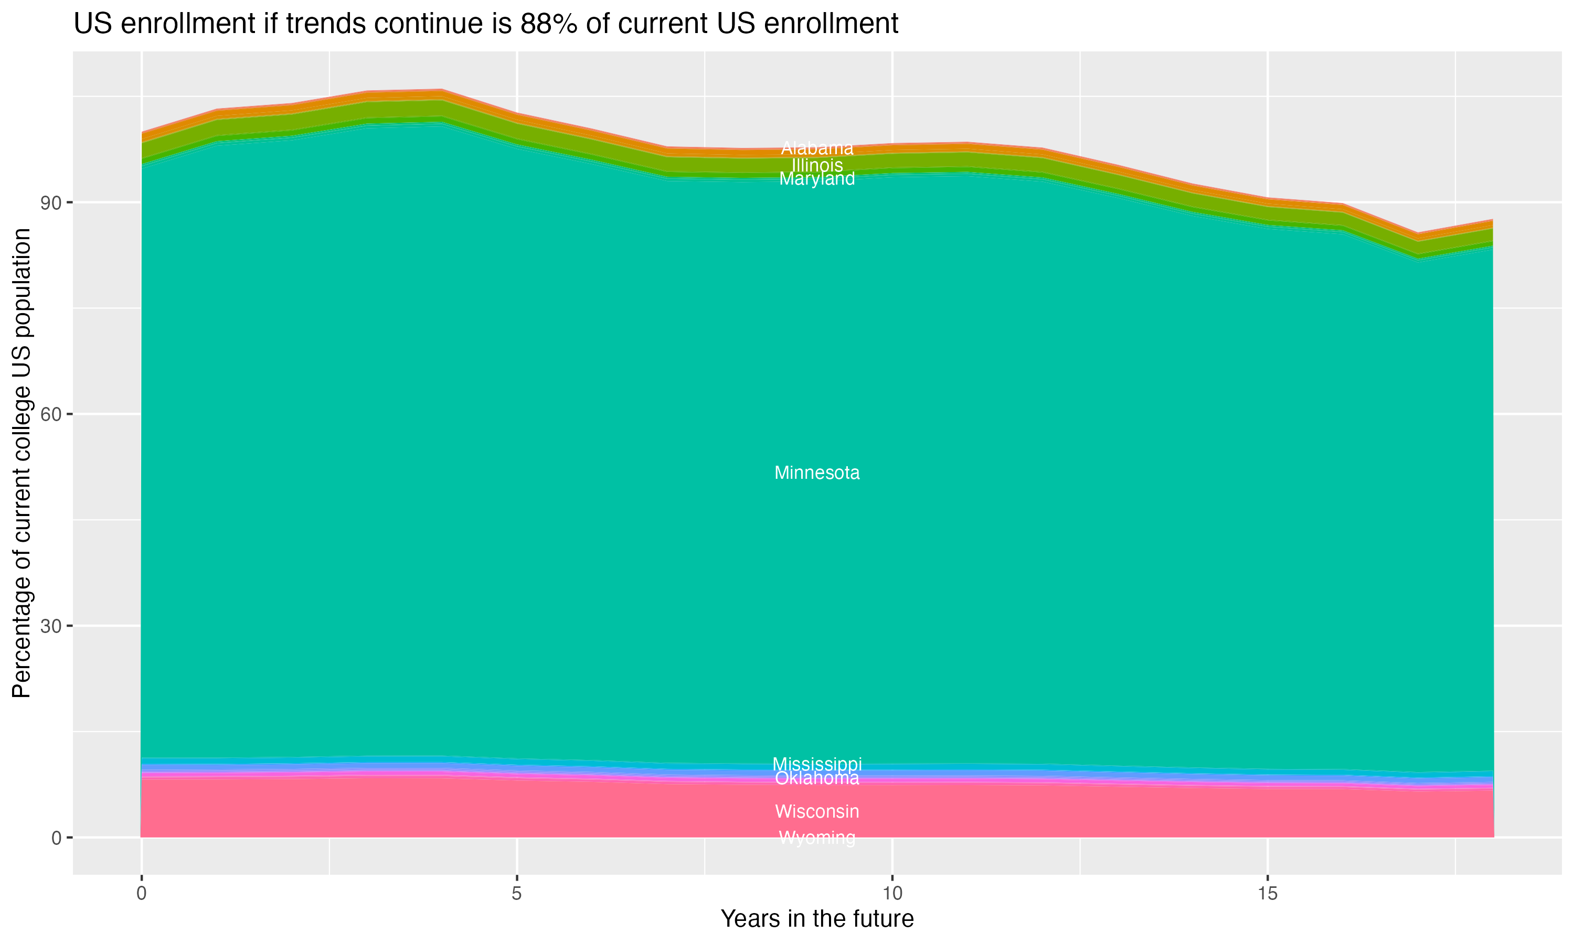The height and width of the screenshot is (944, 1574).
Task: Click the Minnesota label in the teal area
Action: (817, 473)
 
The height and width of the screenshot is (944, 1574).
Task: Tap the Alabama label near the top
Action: (817, 148)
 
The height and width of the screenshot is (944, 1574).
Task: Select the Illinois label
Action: (817, 165)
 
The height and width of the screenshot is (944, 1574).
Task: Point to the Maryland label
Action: (817, 179)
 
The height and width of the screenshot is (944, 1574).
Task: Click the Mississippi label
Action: (817, 764)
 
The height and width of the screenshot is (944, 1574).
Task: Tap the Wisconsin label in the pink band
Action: (817, 811)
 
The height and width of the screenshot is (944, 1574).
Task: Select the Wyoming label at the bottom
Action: (817, 838)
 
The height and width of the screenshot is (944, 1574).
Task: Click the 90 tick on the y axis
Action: (51, 203)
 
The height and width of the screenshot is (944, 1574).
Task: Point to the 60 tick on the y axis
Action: (51, 414)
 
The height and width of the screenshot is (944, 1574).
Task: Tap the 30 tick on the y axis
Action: (51, 626)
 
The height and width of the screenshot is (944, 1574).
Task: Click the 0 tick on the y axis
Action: (57, 838)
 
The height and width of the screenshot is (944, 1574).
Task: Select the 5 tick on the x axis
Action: (517, 894)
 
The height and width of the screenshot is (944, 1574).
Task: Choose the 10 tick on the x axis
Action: (892, 894)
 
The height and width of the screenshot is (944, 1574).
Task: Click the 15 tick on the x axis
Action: (1268, 894)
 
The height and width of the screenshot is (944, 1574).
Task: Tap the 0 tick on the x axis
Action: (141, 894)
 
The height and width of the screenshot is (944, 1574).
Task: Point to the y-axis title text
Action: (22, 463)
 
